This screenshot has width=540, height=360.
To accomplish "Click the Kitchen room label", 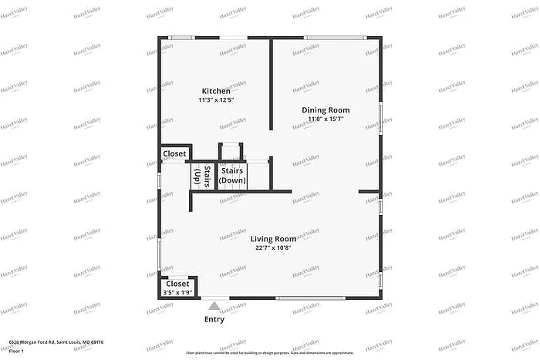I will pos(216,91).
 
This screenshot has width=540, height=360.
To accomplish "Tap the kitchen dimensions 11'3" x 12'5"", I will pos(216,100).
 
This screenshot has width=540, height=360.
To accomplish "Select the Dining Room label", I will pos(325,110).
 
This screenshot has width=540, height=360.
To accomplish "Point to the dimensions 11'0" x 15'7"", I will pos(325,119).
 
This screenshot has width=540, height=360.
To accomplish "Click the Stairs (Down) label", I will pos(232,175).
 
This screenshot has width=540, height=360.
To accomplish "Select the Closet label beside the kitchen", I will pos(174,154).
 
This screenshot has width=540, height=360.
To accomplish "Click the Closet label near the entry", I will pos(177,284).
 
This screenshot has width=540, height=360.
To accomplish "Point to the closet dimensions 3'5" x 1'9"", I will pos(177,293).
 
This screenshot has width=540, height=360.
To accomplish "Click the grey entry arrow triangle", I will pos(214,306).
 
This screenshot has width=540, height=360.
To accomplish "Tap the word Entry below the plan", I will pos(214,320).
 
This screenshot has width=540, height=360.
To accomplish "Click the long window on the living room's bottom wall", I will pos(309,298).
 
